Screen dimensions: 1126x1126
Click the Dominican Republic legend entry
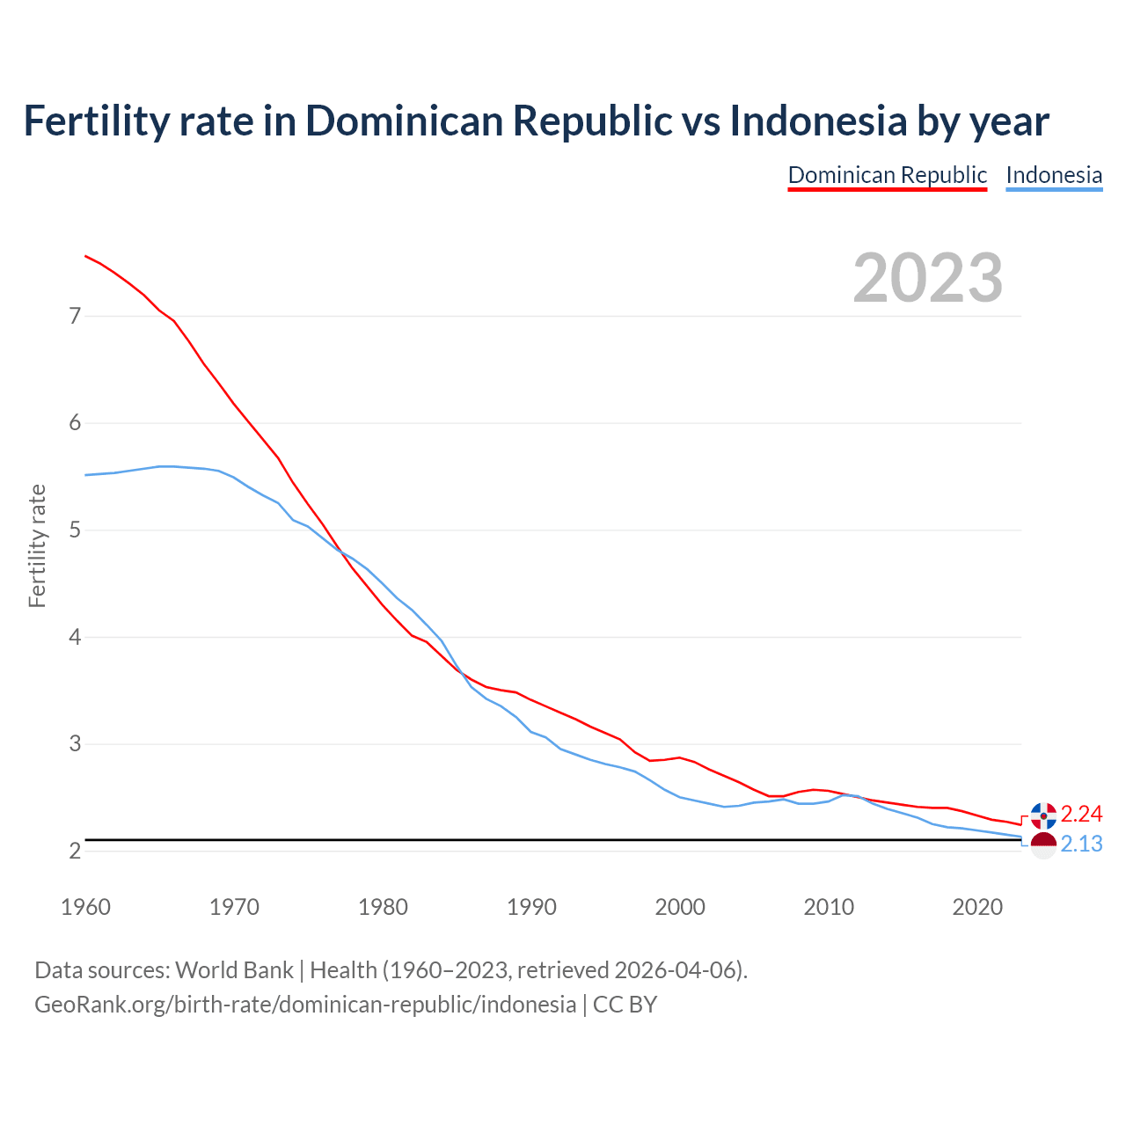coord(887,175)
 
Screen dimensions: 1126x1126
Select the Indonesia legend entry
coord(1054,175)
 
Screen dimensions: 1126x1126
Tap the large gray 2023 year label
coord(928,278)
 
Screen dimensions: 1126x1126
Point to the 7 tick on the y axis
coord(75,316)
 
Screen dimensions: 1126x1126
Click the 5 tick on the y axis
coord(75,530)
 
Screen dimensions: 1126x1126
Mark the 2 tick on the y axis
coord(75,852)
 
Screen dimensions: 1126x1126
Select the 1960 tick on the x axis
coord(85,907)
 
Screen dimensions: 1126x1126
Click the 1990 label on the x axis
coord(531,907)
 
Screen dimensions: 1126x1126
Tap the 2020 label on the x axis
coord(977,907)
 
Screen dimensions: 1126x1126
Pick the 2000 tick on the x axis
coord(680,907)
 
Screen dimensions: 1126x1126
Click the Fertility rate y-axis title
coord(37,545)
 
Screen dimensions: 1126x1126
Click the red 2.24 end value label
coord(1081,814)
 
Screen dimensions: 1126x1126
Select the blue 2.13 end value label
coord(1081,844)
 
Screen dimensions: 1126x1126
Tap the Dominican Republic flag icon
coord(1043,815)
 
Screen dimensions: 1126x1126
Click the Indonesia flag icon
coord(1043,845)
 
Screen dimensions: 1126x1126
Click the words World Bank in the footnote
coord(234,970)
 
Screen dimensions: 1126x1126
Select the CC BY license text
coord(625,1005)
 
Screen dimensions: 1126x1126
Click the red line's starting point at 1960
coord(85,256)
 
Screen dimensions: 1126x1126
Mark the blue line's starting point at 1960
coord(85,475)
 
